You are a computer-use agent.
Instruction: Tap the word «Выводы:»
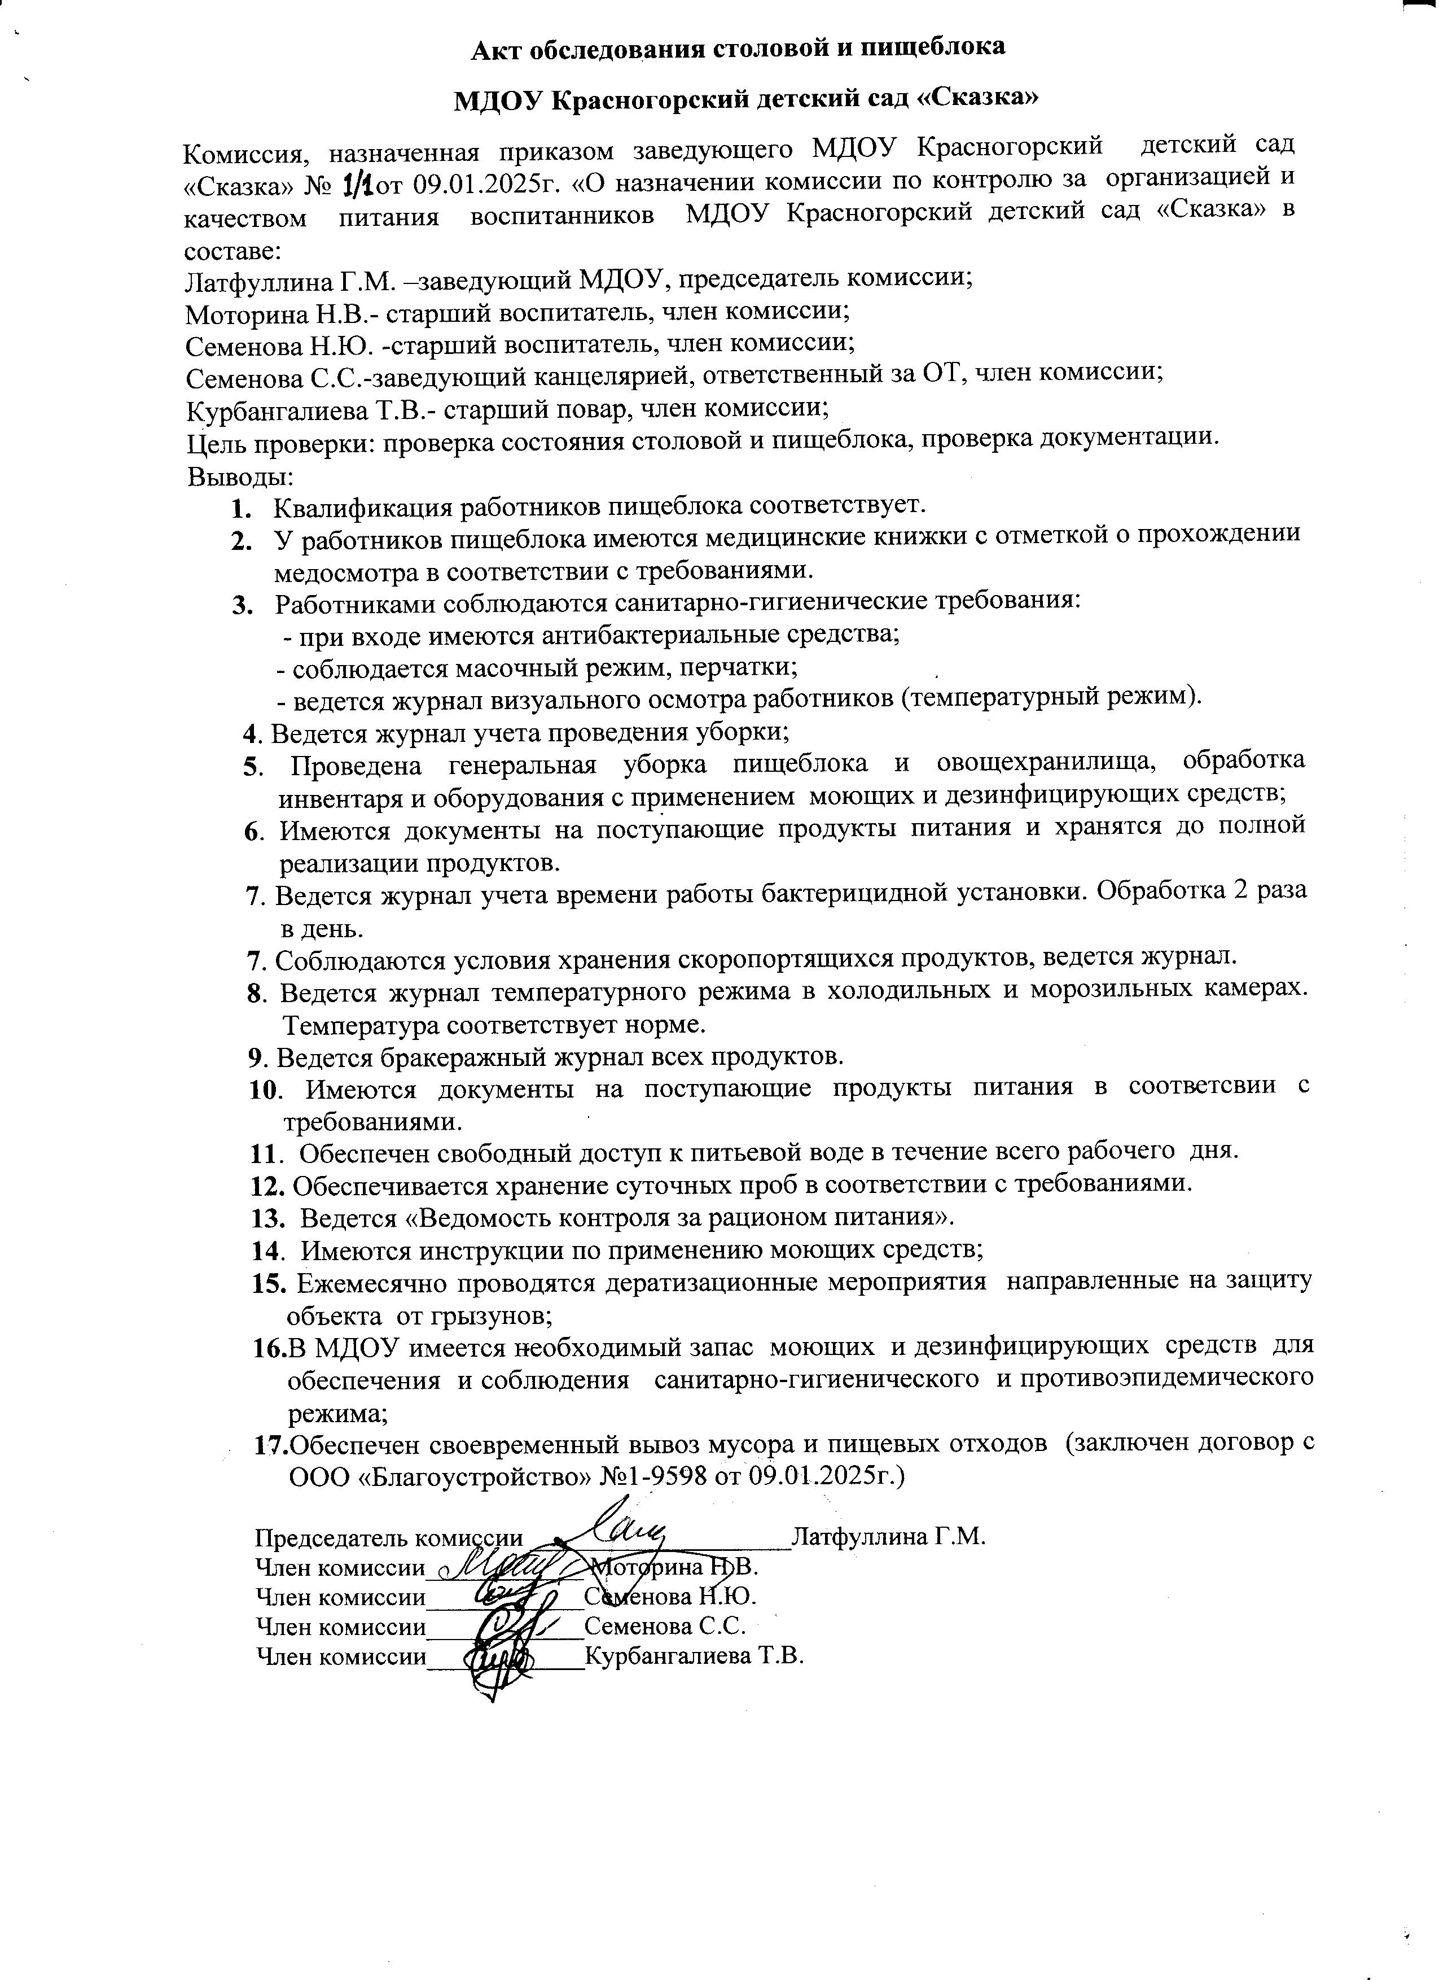240,477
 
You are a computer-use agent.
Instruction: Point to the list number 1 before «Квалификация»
242,507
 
